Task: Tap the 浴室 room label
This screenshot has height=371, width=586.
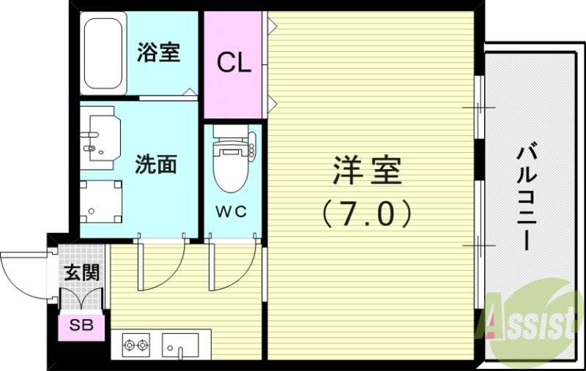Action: point(159,52)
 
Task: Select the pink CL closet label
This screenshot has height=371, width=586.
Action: point(234,63)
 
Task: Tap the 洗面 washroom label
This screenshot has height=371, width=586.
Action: point(156,163)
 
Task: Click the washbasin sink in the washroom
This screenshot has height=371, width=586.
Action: point(96,135)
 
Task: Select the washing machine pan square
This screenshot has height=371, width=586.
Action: point(100,200)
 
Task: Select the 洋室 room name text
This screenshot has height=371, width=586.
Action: point(366,171)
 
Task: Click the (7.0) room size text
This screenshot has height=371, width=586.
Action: point(366,213)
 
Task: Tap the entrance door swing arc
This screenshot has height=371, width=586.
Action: point(26,274)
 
